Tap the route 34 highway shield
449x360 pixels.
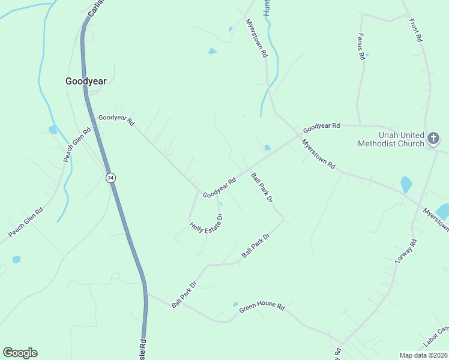(110, 178)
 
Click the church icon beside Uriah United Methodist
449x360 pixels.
(433, 139)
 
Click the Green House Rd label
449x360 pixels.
(262, 305)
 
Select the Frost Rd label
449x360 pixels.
(415, 30)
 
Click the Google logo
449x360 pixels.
(20, 353)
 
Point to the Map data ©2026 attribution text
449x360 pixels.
(423, 355)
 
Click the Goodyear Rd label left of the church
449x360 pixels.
(321, 127)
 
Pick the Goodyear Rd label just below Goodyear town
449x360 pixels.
(116, 120)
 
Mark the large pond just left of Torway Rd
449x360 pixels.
(406, 184)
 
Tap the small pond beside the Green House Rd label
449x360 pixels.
(235, 304)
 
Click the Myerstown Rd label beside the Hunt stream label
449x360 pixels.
(256, 37)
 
